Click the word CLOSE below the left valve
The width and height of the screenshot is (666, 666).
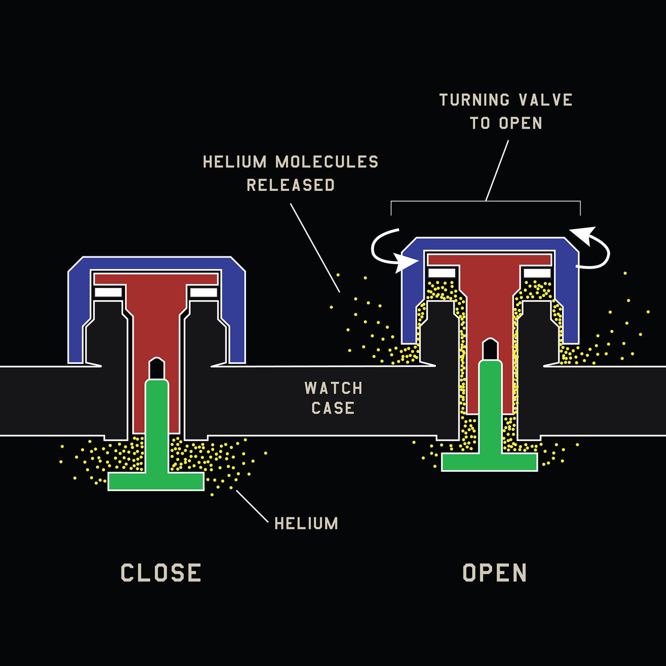[x=160, y=573]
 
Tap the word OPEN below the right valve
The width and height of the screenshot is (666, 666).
[x=495, y=573]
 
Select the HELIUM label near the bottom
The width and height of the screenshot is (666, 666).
[x=306, y=523]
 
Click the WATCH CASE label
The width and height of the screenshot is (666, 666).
[x=333, y=398]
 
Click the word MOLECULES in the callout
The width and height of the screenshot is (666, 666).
[x=327, y=162]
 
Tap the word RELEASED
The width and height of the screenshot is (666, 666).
[x=290, y=185]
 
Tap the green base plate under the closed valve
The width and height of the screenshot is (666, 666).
[x=156, y=481]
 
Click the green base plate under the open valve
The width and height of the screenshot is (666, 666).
[x=490, y=462]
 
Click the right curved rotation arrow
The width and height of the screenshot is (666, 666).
[x=597, y=247]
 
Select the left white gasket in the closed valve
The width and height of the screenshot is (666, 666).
[x=108, y=292]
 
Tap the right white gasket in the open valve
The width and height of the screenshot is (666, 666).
[x=537, y=273]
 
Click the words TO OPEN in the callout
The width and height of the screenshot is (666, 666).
[x=506, y=123]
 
